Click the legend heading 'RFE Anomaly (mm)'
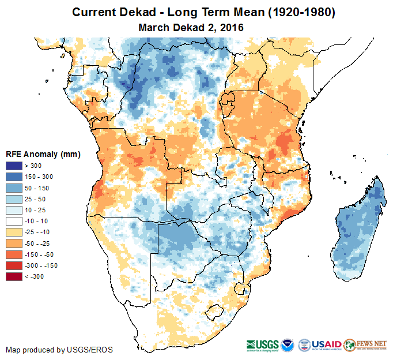pyautogui.click(x=43, y=154)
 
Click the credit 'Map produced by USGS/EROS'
pyautogui.click(x=59, y=350)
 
